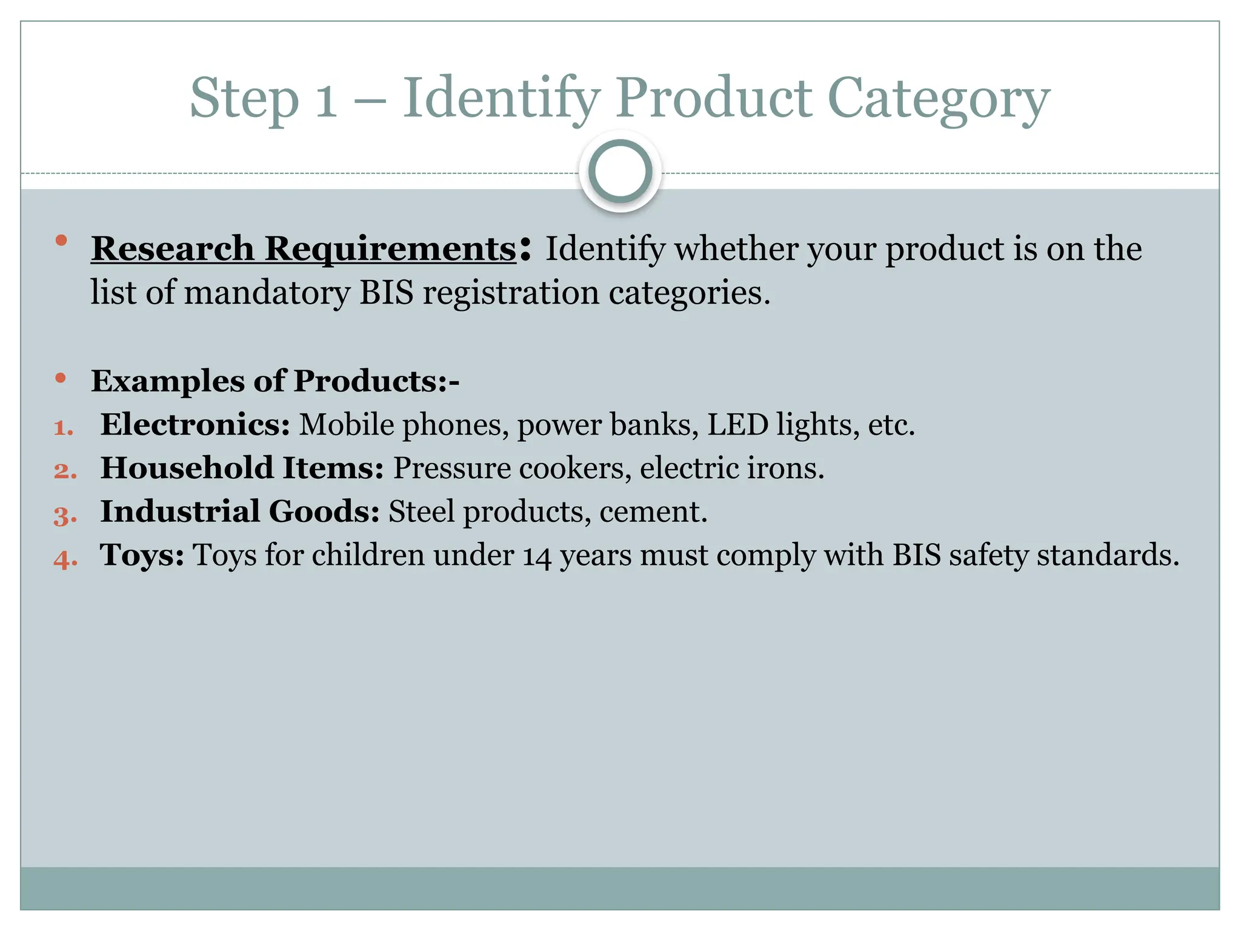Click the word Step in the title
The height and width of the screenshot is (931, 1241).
coord(244,99)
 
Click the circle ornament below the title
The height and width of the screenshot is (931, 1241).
coord(620,172)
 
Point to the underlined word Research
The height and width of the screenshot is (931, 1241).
coord(173,249)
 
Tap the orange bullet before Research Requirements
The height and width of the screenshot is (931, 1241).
coord(61,241)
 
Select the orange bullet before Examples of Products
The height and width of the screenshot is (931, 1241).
coord(61,378)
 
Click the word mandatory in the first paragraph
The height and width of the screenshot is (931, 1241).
coord(267,293)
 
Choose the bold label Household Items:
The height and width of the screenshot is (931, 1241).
coord(242,468)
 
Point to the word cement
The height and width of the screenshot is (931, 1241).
coord(653,512)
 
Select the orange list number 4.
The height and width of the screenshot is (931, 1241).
coord(65,558)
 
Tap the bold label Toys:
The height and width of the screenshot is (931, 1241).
coord(142,555)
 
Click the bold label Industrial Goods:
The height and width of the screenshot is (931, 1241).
coord(240,512)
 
